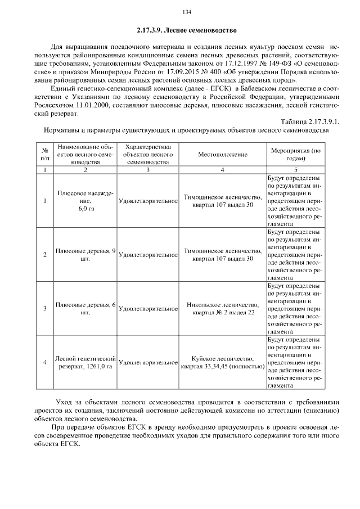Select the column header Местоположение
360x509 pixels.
[222, 154]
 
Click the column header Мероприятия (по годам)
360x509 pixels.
[295, 154]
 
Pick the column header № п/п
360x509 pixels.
[44, 154]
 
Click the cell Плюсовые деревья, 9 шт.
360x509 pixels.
[85, 255]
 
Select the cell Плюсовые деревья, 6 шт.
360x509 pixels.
[85, 308]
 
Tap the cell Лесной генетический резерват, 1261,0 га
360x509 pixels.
[85, 362]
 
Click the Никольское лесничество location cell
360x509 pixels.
[222, 308]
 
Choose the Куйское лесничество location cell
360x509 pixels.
[222, 362]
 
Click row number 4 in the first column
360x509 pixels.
[44, 362]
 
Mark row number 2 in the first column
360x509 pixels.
[44, 255]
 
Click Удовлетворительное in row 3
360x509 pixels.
[148, 309]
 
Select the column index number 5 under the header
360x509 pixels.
[295, 169]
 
